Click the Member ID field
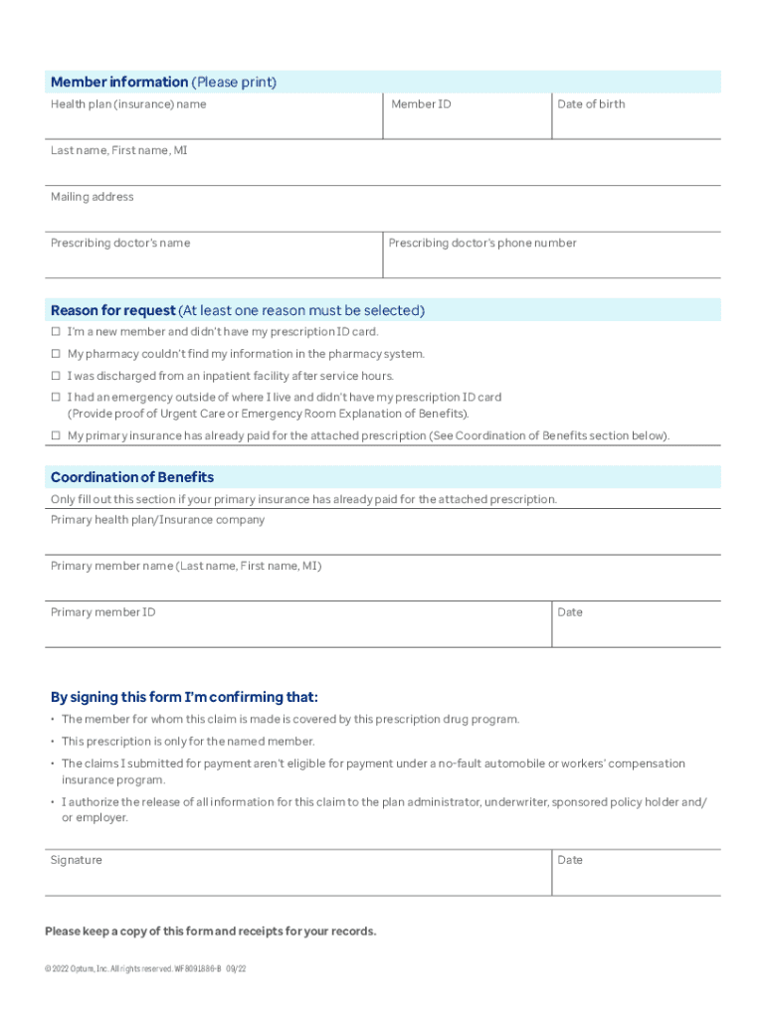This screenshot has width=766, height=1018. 467,122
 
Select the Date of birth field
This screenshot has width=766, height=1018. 636,122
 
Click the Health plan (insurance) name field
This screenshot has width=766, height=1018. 214,122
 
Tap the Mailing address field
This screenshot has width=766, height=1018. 383,215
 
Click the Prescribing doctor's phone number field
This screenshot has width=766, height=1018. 551,260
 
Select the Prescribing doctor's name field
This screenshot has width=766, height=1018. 214,260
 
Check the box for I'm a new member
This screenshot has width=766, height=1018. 57,332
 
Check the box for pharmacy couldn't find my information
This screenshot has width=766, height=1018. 57,354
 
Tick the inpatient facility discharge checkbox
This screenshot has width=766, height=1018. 57,376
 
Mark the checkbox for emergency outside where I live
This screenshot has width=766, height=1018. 57,397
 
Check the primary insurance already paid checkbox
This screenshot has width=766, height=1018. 57,435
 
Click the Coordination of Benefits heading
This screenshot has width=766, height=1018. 132,477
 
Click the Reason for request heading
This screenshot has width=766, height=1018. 238,310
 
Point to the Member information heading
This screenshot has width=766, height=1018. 163,82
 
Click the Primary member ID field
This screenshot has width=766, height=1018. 298,630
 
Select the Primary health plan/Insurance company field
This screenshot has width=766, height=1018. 383,538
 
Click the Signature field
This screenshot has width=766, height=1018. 298,878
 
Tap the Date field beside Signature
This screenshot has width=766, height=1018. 636,878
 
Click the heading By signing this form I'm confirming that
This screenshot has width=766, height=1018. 185,696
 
